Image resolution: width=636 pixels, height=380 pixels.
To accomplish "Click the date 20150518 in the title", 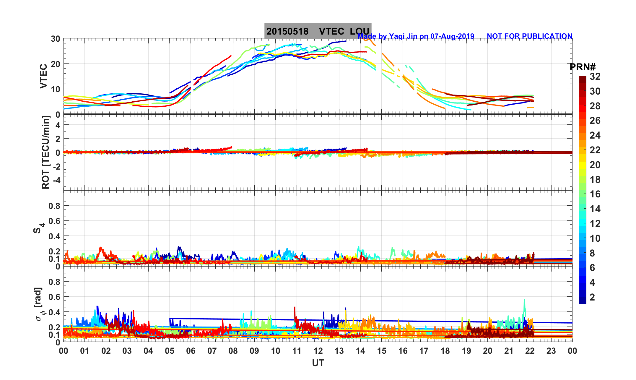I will coord(287,31).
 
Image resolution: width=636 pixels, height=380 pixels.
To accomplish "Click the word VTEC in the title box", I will coord(331,31).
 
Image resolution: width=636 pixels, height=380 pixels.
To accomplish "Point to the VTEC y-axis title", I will coord(43,76).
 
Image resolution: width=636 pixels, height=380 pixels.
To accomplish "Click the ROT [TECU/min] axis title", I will coord(45,152).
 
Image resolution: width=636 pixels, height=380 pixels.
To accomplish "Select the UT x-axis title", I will coord(318,363).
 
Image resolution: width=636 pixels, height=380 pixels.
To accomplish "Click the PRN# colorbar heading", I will coord(582,67).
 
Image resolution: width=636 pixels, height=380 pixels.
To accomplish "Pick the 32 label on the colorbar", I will coord(595,77).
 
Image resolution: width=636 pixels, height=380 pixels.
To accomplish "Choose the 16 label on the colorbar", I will coord(595,194).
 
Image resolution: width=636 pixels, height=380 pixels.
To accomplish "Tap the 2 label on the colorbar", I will coord(592,297).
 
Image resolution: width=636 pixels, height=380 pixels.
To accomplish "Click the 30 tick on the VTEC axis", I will coord(55,39).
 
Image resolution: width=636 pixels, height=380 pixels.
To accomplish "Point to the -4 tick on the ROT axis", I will coord(56,180).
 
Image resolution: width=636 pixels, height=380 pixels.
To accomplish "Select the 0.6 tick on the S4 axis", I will coord(54,221).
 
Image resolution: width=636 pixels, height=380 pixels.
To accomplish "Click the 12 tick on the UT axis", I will coord(318,351).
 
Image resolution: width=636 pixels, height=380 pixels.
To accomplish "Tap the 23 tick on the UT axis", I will coord(551,351).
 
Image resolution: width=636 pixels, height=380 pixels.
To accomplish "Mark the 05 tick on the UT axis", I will coord(170,351).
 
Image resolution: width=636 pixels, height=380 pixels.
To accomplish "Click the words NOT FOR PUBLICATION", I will coord(529,36).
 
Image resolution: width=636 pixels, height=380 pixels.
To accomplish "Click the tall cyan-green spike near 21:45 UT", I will coord(524,301).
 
